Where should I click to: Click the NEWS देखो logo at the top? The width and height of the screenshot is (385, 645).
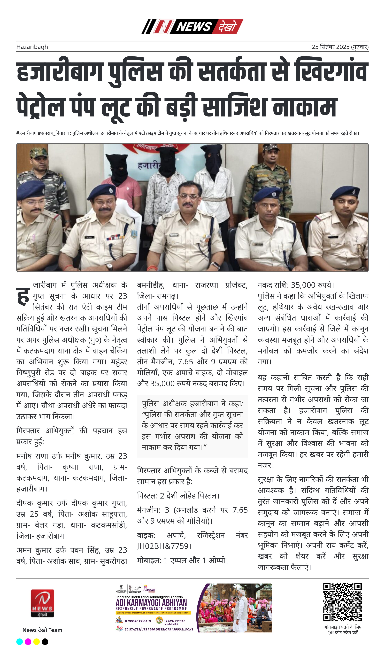coord(192,26)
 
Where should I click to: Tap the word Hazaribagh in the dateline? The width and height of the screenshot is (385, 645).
coord(32,47)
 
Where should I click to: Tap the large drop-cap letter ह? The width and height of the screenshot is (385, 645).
coord(23,296)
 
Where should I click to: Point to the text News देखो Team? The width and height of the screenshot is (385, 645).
coord(42,630)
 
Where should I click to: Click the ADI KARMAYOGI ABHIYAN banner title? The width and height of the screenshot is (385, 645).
coord(151,602)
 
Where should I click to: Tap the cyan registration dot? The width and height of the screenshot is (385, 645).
coord(20,642)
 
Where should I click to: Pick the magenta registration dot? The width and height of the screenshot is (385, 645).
coord(28,642)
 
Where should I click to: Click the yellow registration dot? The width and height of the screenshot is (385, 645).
coord(37,642)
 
